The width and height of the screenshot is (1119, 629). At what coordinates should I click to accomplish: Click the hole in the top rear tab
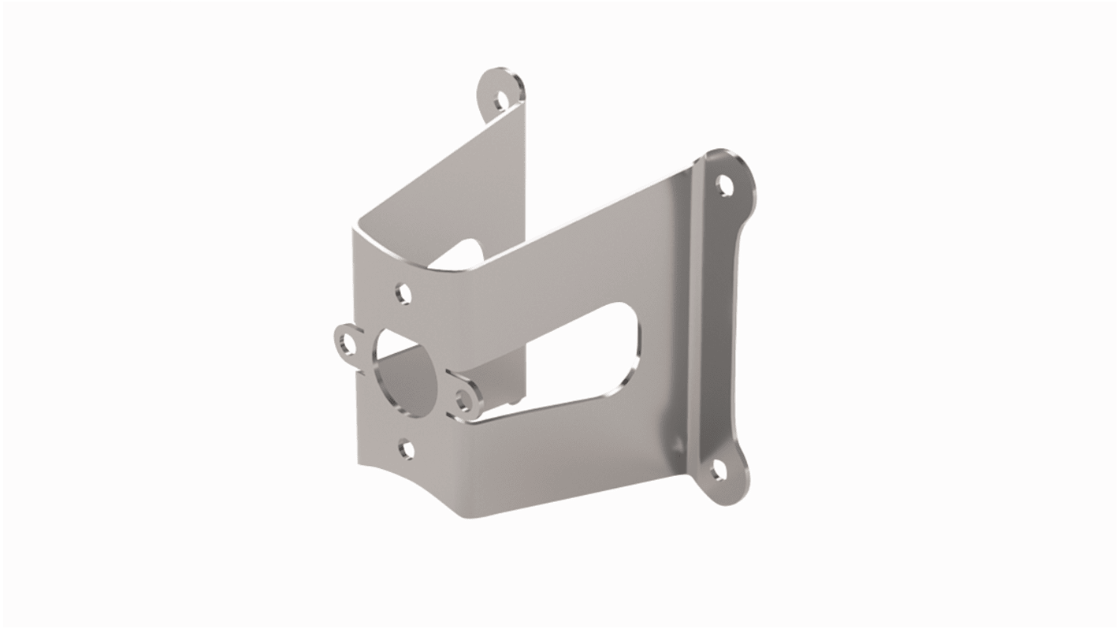(500, 99)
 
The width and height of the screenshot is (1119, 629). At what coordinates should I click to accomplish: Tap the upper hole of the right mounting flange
(723, 186)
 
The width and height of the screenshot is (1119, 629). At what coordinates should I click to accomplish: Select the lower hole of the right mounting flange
(717, 472)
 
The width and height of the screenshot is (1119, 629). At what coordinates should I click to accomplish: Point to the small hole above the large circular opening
(404, 294)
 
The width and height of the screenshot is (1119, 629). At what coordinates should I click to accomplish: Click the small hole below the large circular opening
(407, 449)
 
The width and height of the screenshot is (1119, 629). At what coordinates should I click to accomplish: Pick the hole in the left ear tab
(346, 341)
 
